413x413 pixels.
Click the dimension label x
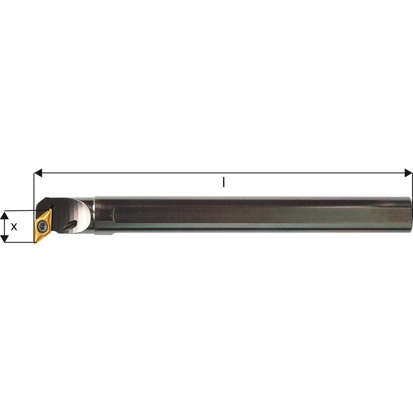[x=14, y=226]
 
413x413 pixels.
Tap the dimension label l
[x=223, y=182]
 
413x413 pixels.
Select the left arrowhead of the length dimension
[x=38, y=173]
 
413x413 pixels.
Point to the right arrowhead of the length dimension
[x=408, y=173]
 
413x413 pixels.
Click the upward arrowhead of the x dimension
[x=4, y=214]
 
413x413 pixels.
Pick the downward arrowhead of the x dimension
[x=4, y=238]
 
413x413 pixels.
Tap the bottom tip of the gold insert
[x=35, y=243]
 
